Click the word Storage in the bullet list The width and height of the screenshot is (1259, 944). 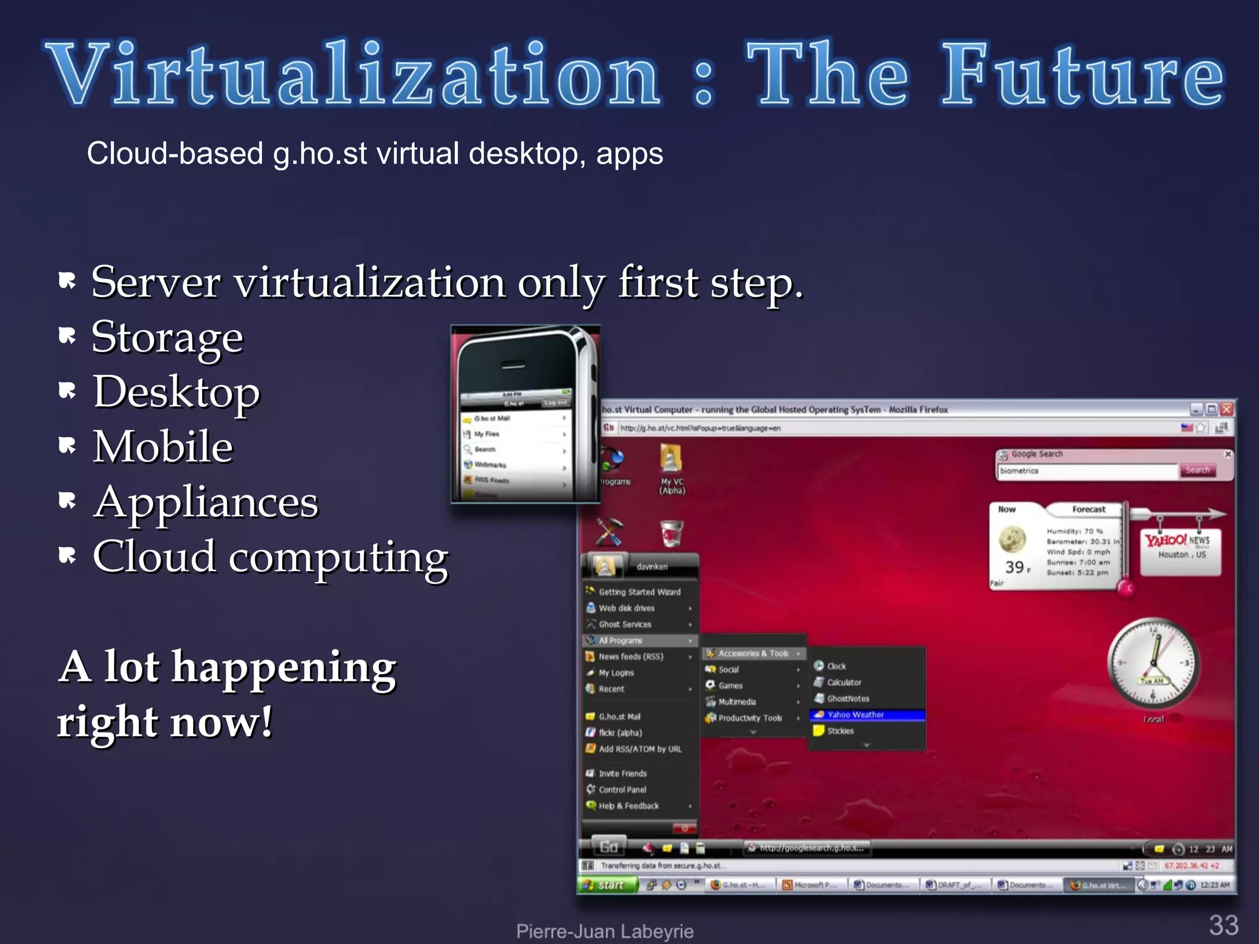[x=167, y=337]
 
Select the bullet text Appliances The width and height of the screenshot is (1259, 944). [x=206, y=502]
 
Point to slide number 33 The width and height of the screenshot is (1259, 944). [x=1223, y=924]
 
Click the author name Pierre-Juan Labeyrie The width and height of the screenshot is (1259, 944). [x=604, y=930]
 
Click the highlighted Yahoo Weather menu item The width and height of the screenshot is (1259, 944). [x=855, y=715]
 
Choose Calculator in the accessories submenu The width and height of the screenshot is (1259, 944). [x=843, y=682]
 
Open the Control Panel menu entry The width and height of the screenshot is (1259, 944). [x=622, y=790]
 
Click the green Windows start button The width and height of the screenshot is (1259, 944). [x=605, y=885]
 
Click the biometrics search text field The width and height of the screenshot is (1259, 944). [x=1085, y=471]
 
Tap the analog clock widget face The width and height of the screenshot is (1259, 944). [x=1153, y=663]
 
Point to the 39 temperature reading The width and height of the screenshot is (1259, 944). [x=1014, y=567]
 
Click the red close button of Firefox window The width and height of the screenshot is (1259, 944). [x=1226, y=409]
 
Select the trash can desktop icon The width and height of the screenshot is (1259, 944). [x=671, y=533]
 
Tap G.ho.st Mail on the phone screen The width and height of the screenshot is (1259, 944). [x=492, y=418]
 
